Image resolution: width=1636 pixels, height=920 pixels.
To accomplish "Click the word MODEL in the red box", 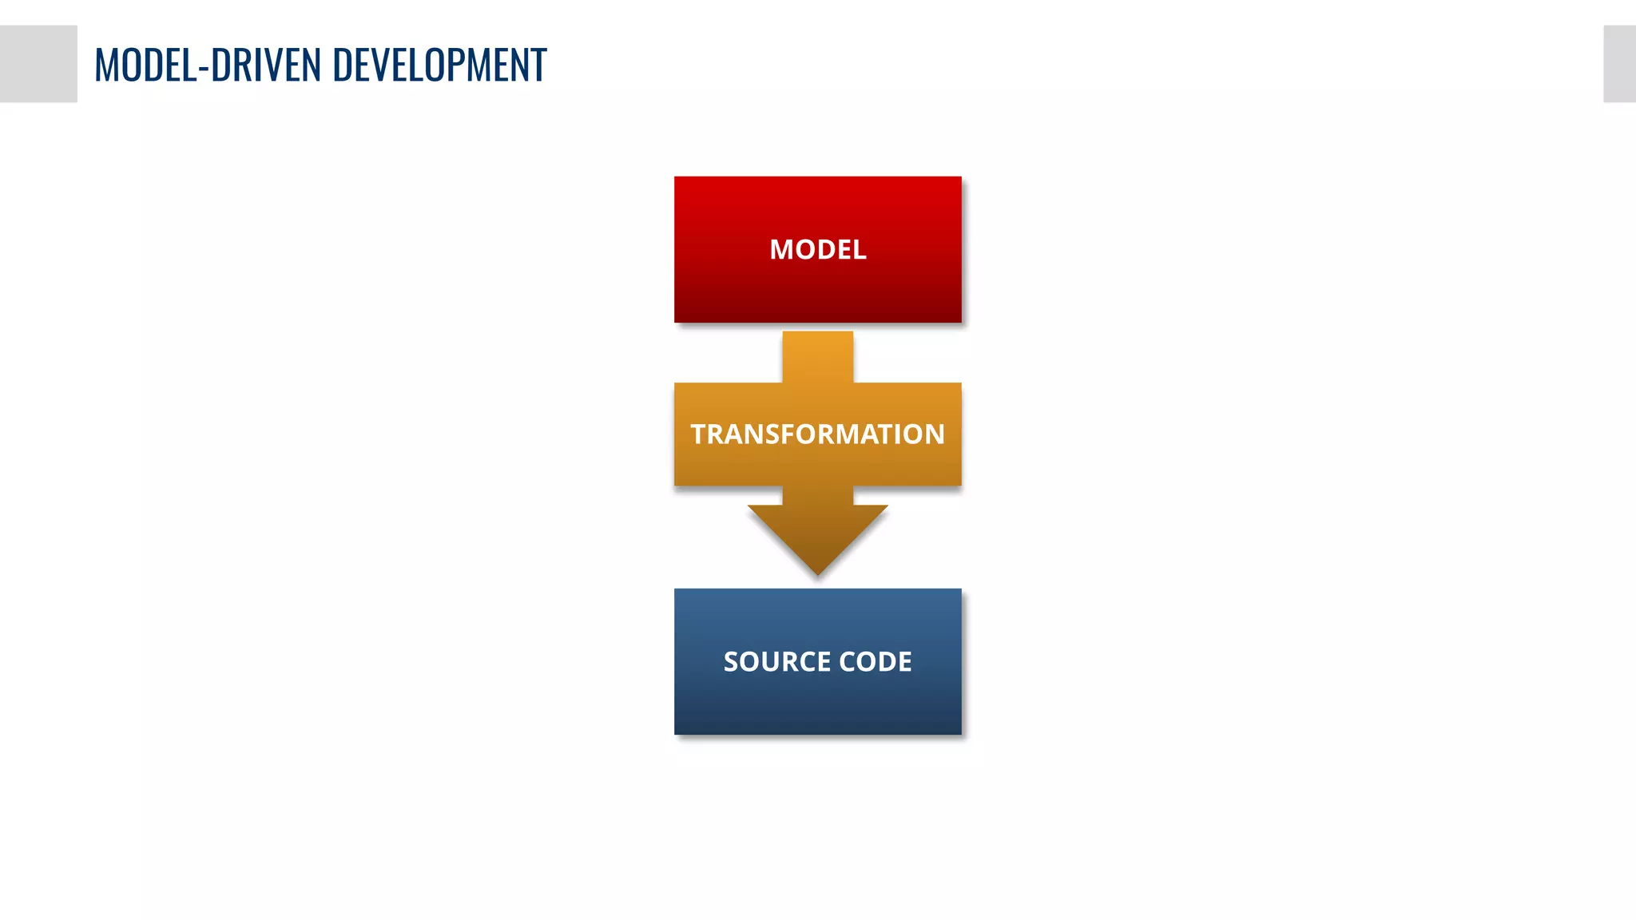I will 817,250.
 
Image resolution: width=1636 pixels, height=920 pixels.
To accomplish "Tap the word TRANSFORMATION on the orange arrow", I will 817,434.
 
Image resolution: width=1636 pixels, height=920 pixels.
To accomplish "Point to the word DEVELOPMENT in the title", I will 439,65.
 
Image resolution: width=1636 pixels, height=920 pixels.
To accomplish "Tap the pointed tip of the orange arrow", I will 817,570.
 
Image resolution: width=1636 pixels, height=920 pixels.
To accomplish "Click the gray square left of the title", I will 38,64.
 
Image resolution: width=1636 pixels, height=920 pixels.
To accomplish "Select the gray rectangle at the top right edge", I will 1619,64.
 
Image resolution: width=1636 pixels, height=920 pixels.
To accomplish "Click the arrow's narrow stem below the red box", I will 817,355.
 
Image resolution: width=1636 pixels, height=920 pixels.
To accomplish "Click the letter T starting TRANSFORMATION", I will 699,434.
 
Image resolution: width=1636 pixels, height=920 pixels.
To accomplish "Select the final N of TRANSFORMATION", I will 935,434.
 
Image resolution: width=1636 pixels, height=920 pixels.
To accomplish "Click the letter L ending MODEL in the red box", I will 859,250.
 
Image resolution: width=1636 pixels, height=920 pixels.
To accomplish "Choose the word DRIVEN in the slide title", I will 265,65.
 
